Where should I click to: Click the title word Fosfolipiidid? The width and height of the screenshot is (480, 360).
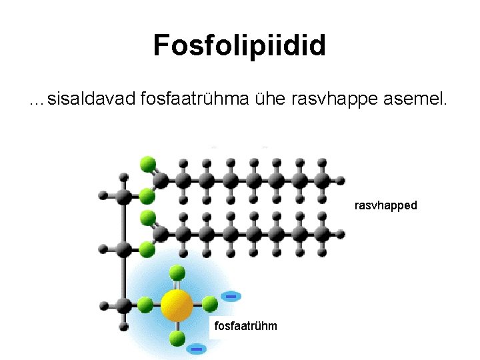239,45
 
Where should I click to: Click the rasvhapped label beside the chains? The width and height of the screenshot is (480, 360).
385,205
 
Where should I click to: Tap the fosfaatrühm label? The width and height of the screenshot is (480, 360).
245,325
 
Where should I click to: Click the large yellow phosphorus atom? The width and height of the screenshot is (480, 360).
177,306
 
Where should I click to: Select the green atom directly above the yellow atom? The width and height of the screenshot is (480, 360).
177,272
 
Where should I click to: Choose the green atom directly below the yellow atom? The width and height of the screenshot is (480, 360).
177,337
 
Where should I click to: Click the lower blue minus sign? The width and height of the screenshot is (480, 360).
196,348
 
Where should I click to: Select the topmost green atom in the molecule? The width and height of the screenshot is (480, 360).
147,163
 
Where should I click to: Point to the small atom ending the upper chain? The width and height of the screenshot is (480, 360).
341,180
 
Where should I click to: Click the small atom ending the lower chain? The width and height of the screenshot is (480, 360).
341,233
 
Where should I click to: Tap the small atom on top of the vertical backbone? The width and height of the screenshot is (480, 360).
123,178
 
